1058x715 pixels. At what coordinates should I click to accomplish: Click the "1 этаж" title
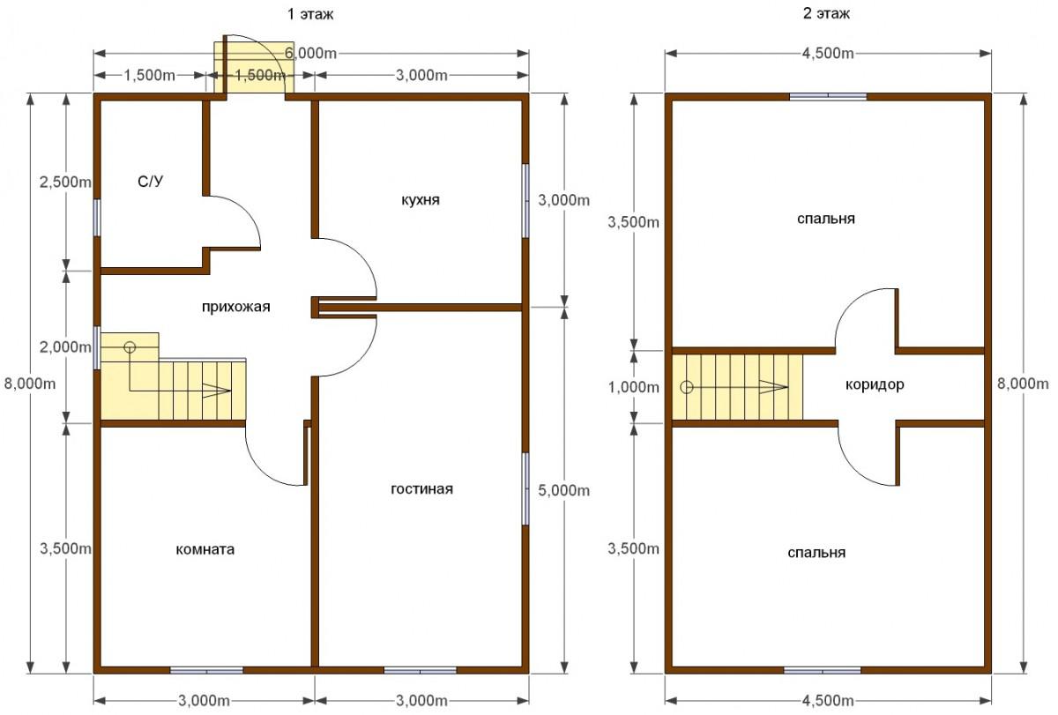(x=310, y=14)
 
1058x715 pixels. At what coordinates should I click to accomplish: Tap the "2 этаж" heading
(x=826, y=13)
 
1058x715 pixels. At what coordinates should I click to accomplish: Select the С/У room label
(x=150, y=182)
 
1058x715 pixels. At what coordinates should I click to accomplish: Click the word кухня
(x=421, y=200)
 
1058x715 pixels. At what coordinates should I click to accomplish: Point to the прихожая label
(x=235, y=307)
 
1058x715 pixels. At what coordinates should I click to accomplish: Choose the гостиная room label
(x=421, y=488)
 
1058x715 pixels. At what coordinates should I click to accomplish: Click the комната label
(x=205, y=549)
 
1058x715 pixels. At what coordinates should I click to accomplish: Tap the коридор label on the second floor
(x=875, y=384)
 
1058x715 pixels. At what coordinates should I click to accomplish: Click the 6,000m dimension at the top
(x=310, y=54)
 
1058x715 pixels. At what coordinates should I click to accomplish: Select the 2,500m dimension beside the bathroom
(x=65, y=182)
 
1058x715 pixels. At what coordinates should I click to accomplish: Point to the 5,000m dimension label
(x=564, y=491)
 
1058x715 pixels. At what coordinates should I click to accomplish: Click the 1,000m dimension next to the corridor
(x=633, y=387)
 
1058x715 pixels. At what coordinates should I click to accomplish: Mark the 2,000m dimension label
(x=65, y=347)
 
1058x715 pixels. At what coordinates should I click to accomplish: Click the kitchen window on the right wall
(x=525, y=201)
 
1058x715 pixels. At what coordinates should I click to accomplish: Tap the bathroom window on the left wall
(x=97, y=217)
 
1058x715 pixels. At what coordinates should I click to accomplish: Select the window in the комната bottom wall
(x=206, y=670)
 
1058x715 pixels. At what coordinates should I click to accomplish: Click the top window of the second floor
(x=828, y=97)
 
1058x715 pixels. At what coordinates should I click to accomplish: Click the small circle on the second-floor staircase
(x=686, y=387)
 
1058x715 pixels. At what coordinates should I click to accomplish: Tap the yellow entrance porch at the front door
(x=254, y=67)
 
